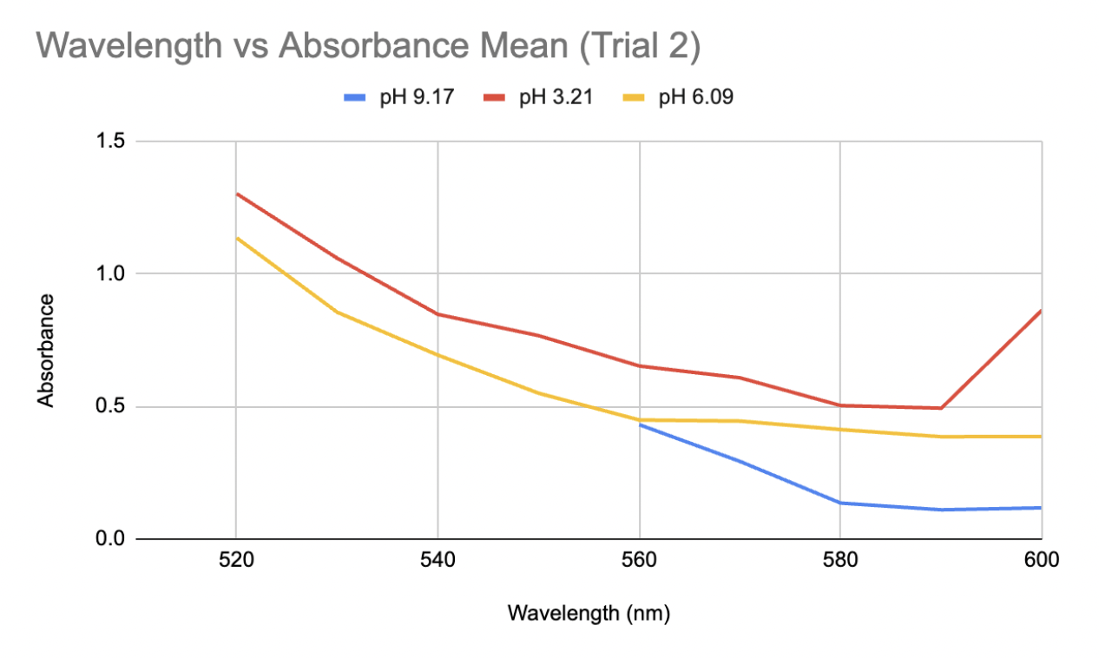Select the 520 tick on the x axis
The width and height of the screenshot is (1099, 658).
(236, 561)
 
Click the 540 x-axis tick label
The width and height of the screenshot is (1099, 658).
(438, 561)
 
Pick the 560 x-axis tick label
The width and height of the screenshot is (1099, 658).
(639, 561)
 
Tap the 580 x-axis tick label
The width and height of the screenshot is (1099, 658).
(840, 561)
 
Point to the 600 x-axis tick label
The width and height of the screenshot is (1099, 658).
(1041, 561)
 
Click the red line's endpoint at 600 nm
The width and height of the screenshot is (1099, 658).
(1041, 310)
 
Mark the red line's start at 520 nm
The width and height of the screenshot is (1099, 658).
(236, 194)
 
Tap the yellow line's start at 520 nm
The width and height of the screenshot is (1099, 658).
(236, 237)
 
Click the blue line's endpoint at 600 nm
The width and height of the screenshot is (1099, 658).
(1041, 508)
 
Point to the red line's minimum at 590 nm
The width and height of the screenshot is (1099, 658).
(941, 408)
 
